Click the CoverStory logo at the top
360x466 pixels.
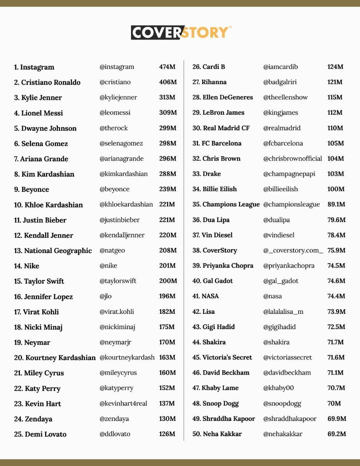(x=181, y=32)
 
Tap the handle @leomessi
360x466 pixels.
(x=115, y=113)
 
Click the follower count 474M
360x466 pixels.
(x=167, y=67)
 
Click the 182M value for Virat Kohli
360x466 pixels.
(x=167, y=312)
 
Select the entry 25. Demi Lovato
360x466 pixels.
(x=40, y=434)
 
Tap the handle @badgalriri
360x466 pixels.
(x=280, y=82)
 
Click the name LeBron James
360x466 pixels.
(x=218, y=113)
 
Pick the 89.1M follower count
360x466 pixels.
(x=336, y=205)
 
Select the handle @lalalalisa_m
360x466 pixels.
(x=283, y=312)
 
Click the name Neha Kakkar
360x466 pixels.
(x=217, y=434)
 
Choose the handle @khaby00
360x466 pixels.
(x=278, y=388)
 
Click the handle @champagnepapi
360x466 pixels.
(x=289, y=174)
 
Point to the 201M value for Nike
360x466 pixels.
(x=167, y=266)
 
